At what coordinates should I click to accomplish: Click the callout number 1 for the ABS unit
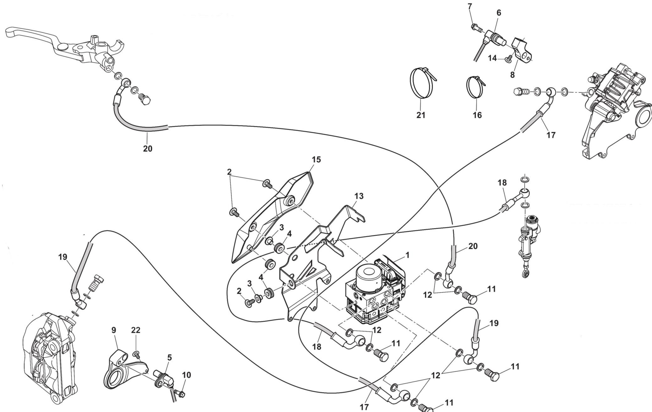tap(407, 255)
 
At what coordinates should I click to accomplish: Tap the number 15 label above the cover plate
tap(316, 160)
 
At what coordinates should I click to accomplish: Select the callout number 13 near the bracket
tap(359, 196)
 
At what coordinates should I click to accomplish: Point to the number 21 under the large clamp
tap(421, 115)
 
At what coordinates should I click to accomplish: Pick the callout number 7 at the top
tap(470, 7)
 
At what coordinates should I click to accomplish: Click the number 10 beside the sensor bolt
tap(186, 375)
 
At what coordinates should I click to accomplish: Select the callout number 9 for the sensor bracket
tap(114, 330)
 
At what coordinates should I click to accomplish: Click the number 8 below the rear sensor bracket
tap(512, 75)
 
